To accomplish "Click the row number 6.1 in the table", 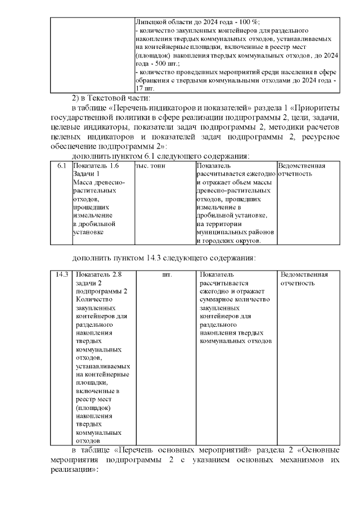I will pyautogui.click(x=62, y=166).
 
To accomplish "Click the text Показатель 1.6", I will pyautogui.click(x=96, y=166).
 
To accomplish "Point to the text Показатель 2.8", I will pyautogui.click(x=98, y=274).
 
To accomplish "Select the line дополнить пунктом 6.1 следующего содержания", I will pyautogui.click(x=161, y=156).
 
